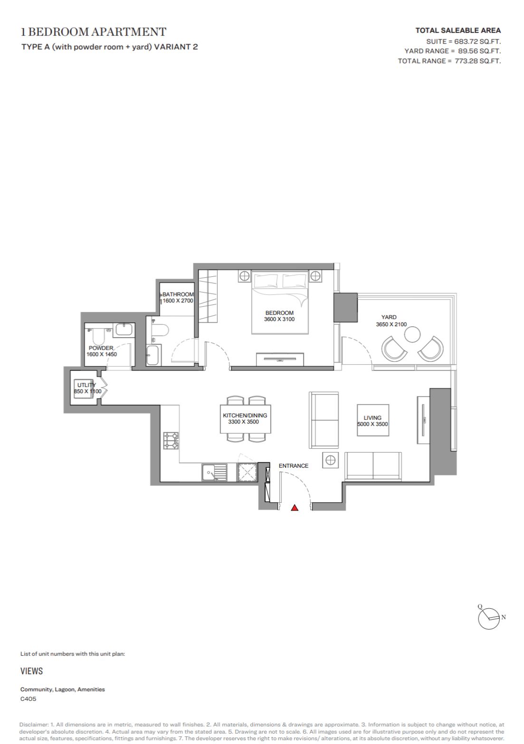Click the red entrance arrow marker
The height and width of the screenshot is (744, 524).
pos(295,508)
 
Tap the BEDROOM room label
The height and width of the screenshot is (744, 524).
pos(279,312)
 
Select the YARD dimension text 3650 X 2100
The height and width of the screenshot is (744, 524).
pos(391,324)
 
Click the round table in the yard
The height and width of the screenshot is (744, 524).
pos(412,334)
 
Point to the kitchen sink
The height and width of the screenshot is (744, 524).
pos(214,472)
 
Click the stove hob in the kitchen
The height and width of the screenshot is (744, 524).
pos(171,441)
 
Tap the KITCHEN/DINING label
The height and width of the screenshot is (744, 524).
pos(245,415)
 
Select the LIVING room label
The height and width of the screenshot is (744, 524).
pos(372,417)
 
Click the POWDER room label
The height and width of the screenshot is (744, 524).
pos(101,348)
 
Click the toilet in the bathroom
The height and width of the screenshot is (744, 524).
pos(160,330)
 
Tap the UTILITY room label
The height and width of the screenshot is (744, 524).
pos(86,385)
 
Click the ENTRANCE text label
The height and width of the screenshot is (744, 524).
pos(294,466)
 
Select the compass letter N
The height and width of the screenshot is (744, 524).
pos(504,617)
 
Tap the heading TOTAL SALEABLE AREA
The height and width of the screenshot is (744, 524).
pos(458,30)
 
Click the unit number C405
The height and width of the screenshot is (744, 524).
pos(28,698)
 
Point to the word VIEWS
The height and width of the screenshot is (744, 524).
pos(31,671)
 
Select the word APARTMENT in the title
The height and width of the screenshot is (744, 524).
pos(129,32)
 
